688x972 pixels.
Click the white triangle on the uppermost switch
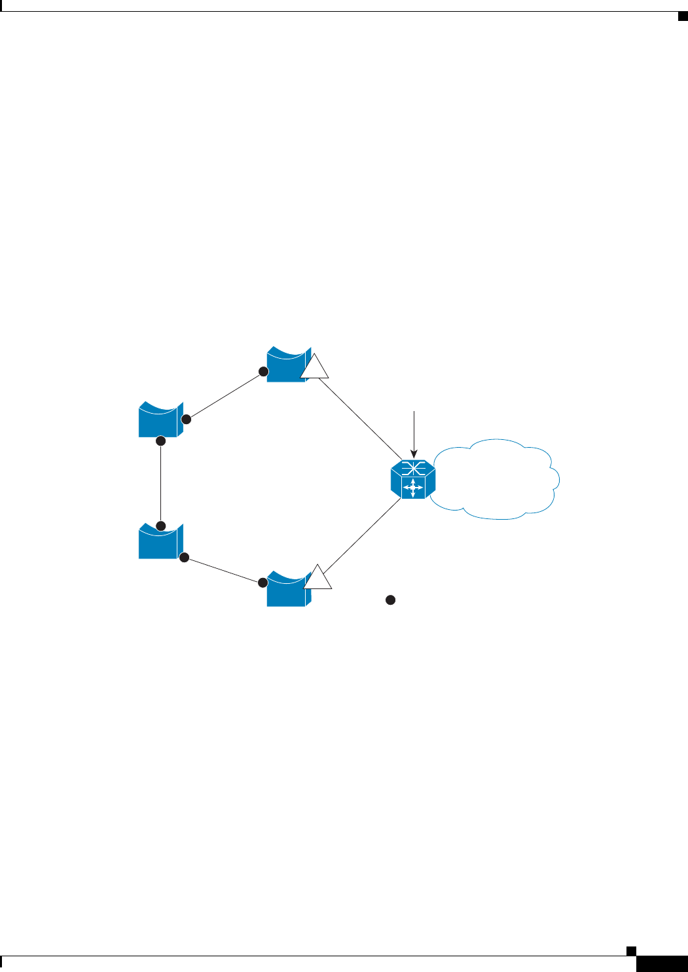pos(314,369)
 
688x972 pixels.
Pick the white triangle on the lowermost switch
pos(317,579)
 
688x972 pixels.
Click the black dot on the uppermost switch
pos(263,372)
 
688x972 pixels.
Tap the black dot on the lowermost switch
pos(263,582)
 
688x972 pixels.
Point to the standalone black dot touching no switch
pos(390,600)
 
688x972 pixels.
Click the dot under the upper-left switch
pos(161,442)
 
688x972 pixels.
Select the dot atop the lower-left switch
pos(161,526)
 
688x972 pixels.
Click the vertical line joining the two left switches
pos(161,484)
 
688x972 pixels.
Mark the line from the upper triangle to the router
pos(360,419)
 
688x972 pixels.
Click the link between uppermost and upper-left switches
pos(225,395)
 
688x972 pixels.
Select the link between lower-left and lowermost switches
pos(223,569)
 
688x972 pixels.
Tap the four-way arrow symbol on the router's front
pos(413,488)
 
